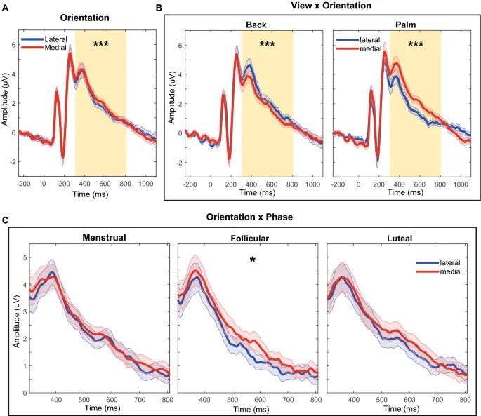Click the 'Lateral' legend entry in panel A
click(x=55, y=39)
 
